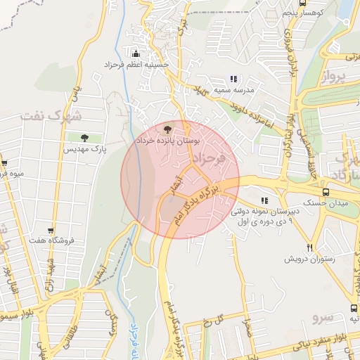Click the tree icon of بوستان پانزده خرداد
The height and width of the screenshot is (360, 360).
(x=167, y=129)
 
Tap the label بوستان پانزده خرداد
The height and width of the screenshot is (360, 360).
(x=167, y=141)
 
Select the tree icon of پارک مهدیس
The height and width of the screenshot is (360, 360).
(x=85, y=138)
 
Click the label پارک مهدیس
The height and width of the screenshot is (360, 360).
(x=84, y=150)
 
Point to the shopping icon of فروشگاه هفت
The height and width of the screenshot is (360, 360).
(x=51, y=229)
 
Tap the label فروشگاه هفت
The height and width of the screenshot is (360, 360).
(x=51, y=241)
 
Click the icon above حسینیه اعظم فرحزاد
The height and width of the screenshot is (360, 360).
(x=136, y=53)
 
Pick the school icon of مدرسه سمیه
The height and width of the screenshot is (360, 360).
(x=233, y=79)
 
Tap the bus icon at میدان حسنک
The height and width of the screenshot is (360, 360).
(x=326, y=191)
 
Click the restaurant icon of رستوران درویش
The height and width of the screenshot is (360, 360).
(x=310, y=247)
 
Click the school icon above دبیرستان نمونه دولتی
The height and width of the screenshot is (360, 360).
(x=264, y=201)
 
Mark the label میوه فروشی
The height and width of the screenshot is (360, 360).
(x=12, y=173)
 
